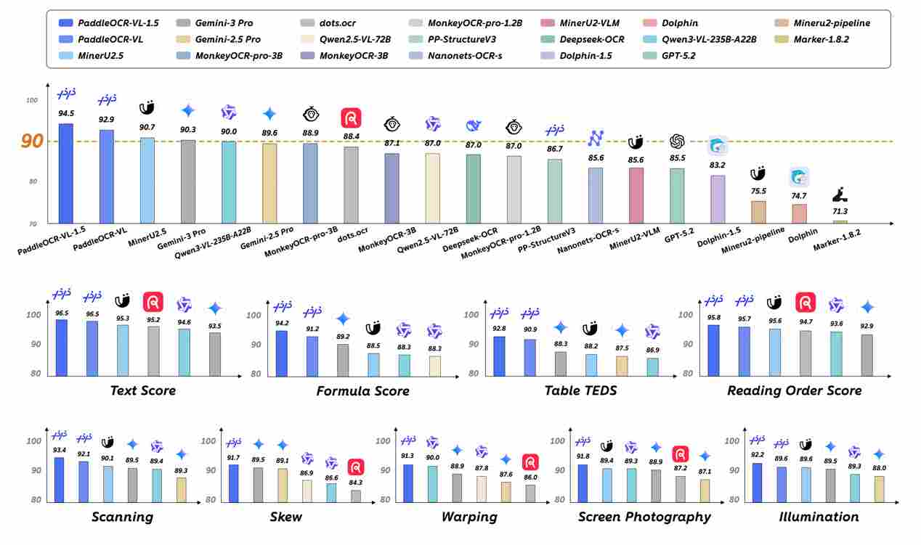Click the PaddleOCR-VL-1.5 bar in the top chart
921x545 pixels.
pyautogui.click(x=66, y=173)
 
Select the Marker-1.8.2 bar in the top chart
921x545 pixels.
pyautogui.click(x=840, y=221)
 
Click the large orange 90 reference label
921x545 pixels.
pyautogui.click(x=32, y=142)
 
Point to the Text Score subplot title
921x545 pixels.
pyautogui.click(x=143, y=390)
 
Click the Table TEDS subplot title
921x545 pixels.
pyautogui.click(x=580, y=390)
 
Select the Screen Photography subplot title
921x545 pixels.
pyautogui.click(x=644, y=517)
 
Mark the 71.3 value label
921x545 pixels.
pyautogui.click(x=840, y=211)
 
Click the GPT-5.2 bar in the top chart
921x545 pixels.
pyautogui.click(x=677, y=195)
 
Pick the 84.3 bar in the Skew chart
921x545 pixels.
pyautogui.click(x=355, y=495)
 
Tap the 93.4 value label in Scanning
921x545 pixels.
pyautogui.click(x=60, y=450)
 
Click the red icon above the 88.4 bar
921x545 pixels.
pyautogui.click(x=351, y=118)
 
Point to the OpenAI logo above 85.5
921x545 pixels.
pyautogui.click(x=677, y=141)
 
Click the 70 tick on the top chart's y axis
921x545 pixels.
pyautogui.click(x=33, y=222)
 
